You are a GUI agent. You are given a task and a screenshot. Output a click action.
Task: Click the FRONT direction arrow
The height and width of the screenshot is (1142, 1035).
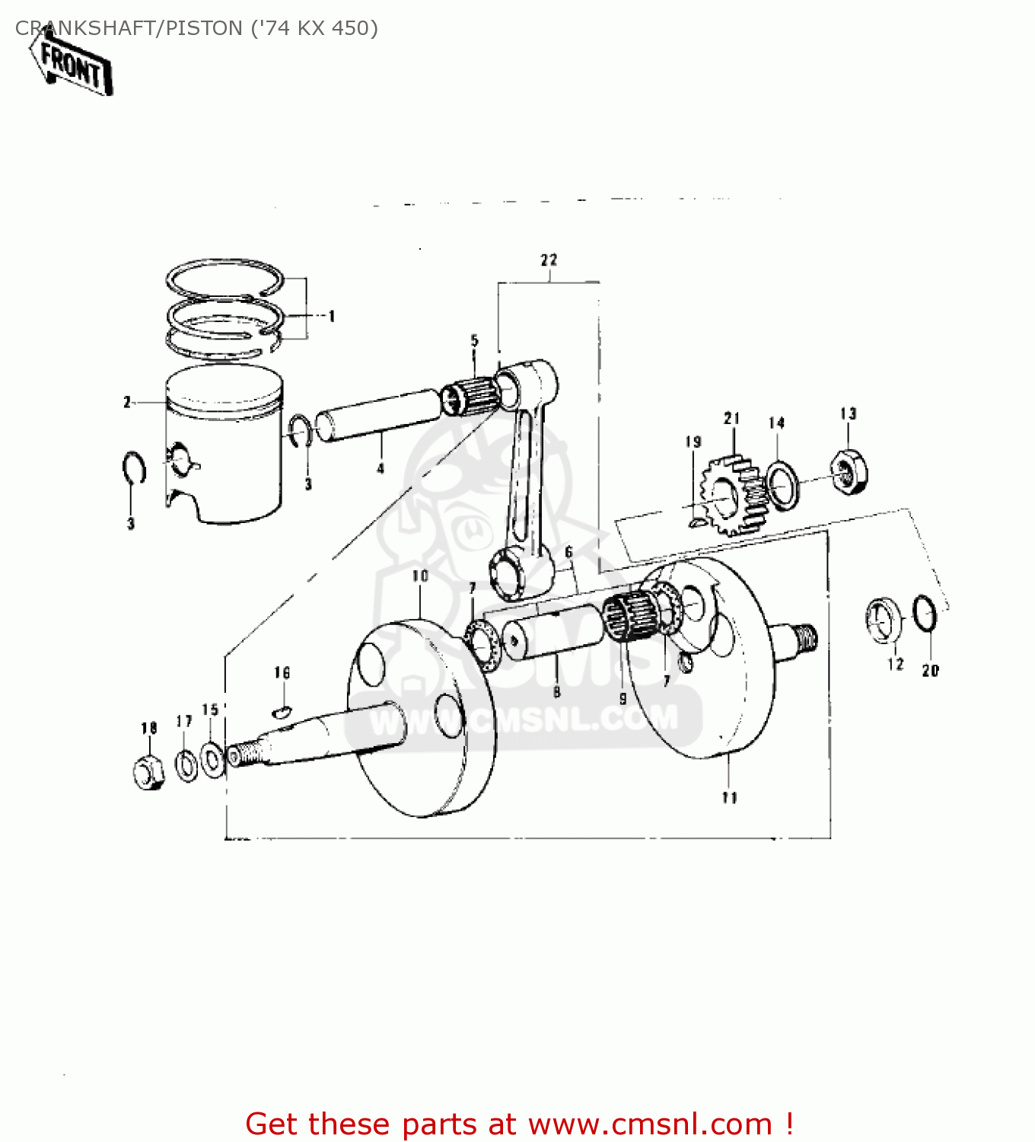coord(72,67)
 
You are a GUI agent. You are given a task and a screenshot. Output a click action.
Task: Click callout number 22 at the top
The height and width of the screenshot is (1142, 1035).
coord(549,260)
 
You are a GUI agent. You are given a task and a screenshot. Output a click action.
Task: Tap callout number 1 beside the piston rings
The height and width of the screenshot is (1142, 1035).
coord(332,316)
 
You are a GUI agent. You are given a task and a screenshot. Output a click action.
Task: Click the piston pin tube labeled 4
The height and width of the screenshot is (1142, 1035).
coord(378,416)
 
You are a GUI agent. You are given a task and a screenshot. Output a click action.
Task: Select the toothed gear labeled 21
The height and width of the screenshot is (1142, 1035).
coord(732,495)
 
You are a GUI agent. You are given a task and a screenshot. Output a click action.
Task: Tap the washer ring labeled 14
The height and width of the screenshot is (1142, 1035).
coord(783,484)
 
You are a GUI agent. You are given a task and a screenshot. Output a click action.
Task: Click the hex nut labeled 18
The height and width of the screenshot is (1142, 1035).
coord(148,773)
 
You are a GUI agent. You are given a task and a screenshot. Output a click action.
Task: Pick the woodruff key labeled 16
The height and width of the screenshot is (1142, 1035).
coord(281,712)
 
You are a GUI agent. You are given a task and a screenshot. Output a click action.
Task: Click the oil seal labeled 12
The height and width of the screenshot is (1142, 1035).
coord(883,620)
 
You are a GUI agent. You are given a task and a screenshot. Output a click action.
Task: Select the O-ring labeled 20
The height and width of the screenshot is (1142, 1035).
coord(925,613)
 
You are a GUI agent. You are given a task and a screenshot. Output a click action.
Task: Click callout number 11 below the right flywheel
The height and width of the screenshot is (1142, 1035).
coord(729,797)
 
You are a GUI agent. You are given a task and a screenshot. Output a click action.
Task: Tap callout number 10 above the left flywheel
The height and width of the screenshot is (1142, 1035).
coord(420,576)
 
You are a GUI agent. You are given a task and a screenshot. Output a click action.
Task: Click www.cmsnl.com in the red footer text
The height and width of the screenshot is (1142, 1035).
coord(650,1124)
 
